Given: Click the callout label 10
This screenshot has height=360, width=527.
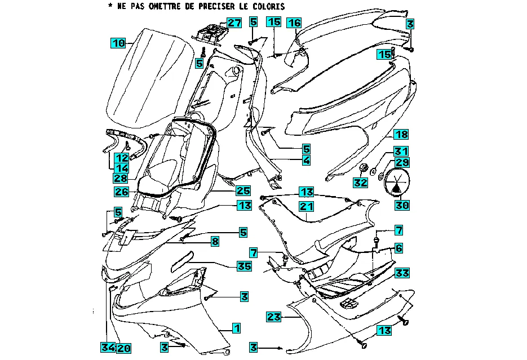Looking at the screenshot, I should (x=118, y=43).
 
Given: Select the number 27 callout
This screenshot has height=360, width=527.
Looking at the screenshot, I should (x=234, y=23).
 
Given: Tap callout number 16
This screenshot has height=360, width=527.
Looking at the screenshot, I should (x=294, y=23).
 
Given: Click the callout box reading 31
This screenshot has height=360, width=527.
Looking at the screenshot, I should (x=401, y=151).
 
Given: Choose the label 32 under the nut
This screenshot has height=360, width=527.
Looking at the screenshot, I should (x=361, y=183).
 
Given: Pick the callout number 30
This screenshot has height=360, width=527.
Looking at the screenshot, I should (x=402, y=205).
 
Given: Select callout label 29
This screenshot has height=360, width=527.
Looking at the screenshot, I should (x=402, y=163).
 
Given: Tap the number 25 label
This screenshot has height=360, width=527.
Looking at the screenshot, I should (x=243, y=190).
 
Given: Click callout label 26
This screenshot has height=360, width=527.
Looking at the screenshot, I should (x=122, y=192).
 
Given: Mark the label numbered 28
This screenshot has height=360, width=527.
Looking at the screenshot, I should (x=120, y=177).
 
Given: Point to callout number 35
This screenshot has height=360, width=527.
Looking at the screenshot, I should (x=243, y=265).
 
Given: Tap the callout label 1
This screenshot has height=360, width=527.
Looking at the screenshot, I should (x=237, y=327).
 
